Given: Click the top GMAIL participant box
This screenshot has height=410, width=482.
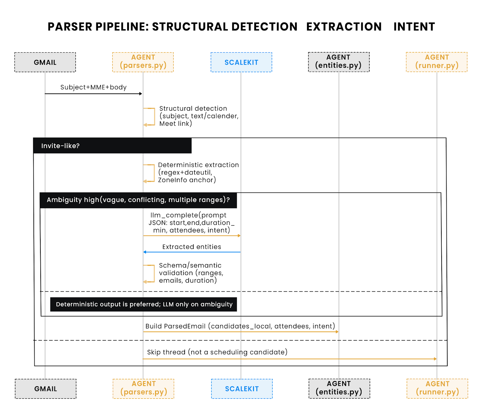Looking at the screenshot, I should [x=45, y=62].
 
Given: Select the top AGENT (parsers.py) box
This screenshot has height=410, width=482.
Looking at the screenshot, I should [x=143, y=62].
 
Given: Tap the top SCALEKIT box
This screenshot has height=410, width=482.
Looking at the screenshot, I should [x=241, y=62].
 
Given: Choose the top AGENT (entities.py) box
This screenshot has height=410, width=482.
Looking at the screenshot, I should [x=339, y=62].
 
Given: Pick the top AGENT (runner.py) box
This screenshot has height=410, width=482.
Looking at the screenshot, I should [x=437, y=62].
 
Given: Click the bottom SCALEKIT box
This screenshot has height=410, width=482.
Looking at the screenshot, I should [x=242, y=389].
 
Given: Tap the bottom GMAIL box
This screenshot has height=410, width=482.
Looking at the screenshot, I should [x=45, y=389].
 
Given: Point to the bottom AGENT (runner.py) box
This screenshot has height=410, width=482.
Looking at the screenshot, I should [x=437, y=389].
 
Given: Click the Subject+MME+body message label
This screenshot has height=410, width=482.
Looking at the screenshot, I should [x=93, y=87].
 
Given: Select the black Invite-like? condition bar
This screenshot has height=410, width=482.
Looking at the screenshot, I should [x=112, y=146].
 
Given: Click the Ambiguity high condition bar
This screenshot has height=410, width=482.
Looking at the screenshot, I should [x=138, y=200].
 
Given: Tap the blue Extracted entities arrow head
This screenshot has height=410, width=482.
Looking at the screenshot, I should [x=145, y=252].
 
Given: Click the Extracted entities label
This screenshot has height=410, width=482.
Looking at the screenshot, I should [x=192, y=247].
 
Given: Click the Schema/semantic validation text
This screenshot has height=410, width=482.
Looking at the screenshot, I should [x=191, y=273].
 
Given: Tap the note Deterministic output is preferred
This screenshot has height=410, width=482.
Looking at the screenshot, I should [x=144, y=304].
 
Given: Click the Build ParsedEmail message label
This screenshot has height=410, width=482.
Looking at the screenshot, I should [x=240, y=326].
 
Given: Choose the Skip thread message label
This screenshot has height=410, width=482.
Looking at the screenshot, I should [x=217, y=352].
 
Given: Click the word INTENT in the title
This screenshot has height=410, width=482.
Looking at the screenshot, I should [x=414, y=27].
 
